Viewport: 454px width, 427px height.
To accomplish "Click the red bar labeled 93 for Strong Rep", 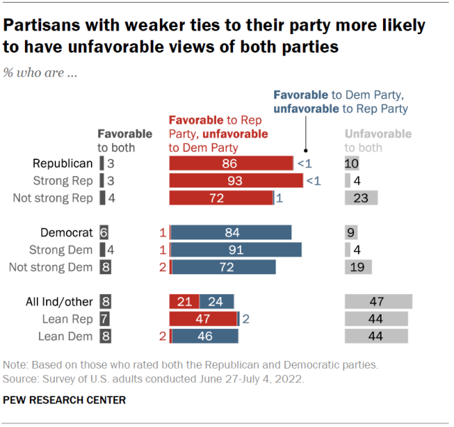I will (236, 180).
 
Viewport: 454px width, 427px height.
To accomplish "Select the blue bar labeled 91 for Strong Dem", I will (237, 249).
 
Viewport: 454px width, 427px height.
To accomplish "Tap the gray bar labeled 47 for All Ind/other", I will (378, 301).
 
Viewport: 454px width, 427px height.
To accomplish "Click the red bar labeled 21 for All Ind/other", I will (184, 301).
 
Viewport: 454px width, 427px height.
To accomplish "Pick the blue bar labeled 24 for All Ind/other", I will (217, 301).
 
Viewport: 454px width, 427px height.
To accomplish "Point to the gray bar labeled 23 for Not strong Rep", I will (361, 198).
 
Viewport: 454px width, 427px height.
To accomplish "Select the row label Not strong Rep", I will (53, 198).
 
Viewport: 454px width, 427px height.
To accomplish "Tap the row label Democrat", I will (67, 232).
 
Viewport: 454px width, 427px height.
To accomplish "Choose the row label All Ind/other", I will (60, 301).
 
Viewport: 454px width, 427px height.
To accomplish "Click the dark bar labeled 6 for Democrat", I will (104, 232).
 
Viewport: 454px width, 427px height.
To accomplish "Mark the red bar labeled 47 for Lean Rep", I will (202, 318).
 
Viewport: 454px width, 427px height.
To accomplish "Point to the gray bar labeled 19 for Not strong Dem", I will (357, 267).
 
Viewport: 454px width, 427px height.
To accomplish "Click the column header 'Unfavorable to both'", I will (377, 140).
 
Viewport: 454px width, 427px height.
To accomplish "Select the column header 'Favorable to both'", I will (124, 140).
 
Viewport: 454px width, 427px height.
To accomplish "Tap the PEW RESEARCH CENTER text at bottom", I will (65, 400).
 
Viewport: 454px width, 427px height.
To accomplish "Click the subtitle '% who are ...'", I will (40, 73).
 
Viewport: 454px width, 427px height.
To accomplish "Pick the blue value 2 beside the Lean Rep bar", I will (247, 318).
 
